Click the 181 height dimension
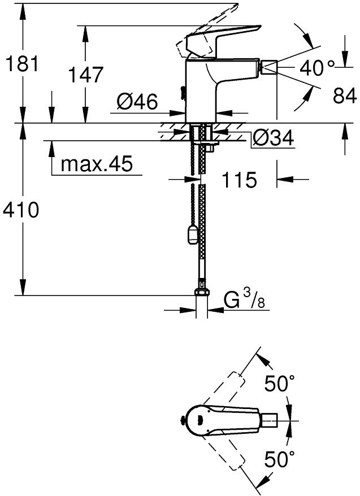click(21, 64)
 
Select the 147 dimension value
click(85, 75)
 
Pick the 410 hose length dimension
click(21, 210)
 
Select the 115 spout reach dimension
click(239, 180)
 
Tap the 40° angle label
click(318, 69)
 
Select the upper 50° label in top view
click(280, 385)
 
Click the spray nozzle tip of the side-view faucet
click(268, 69)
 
